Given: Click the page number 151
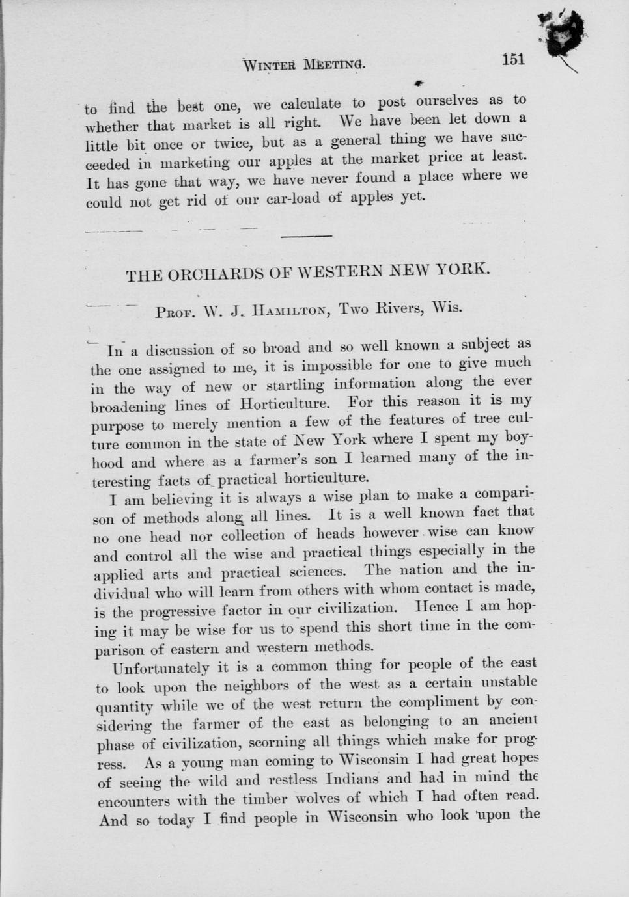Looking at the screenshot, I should (513, 59).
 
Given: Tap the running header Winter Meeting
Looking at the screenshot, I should (303, 64).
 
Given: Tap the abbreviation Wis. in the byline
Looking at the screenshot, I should (447, 307).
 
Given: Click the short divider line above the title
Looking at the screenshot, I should (306, 236).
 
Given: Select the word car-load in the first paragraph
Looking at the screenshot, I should (293, 198).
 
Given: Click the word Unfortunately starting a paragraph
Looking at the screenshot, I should (161, 667).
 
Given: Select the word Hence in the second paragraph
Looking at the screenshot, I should (436, 607).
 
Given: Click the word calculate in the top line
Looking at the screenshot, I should (311, 104).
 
